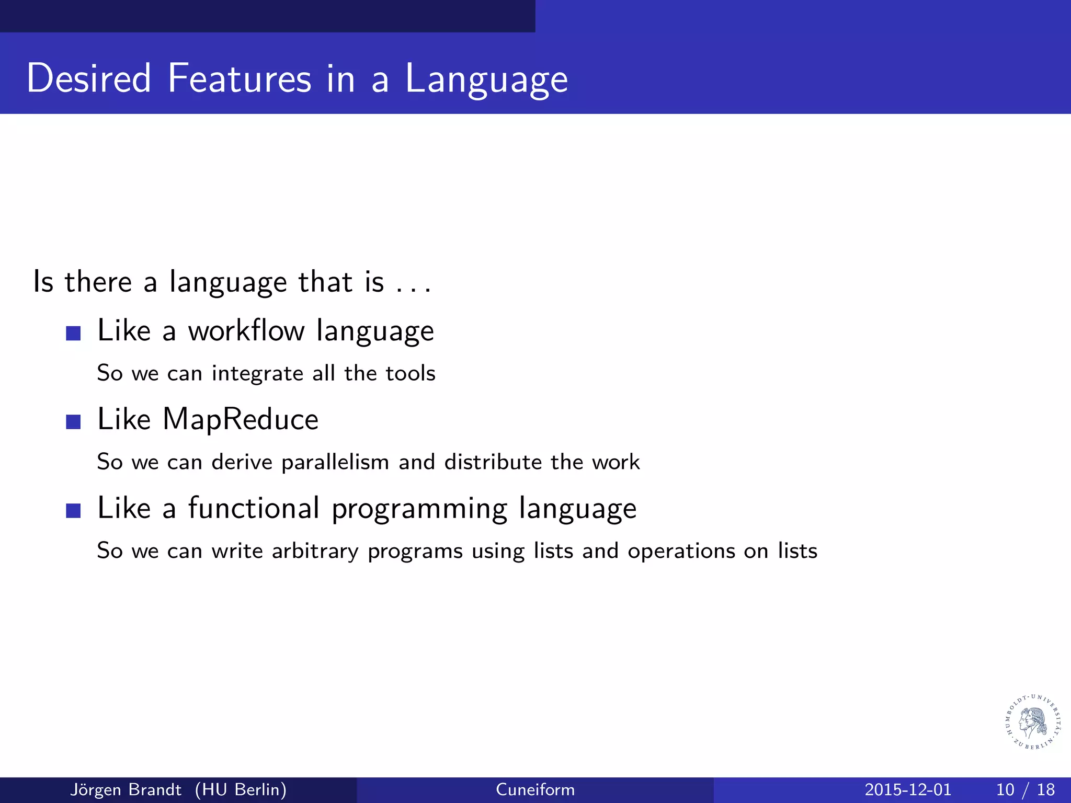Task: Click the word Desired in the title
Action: tap(89, 78)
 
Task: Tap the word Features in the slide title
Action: tap(240, 78)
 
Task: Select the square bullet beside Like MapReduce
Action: tap(74, 421)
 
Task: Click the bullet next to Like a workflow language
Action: tap(74, 333)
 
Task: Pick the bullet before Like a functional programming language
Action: tap(74, 510)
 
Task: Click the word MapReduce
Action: tap(241, 420)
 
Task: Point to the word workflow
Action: tap(246, 331)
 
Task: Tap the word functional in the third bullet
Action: tap(254, 508)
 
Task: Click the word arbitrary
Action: tap(315, 552)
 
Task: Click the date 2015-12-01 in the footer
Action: tap(908, 789)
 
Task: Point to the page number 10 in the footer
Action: tap(1005, 789)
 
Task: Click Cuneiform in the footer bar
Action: tap(535, 789)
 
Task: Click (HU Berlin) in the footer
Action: tap(241, 789)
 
